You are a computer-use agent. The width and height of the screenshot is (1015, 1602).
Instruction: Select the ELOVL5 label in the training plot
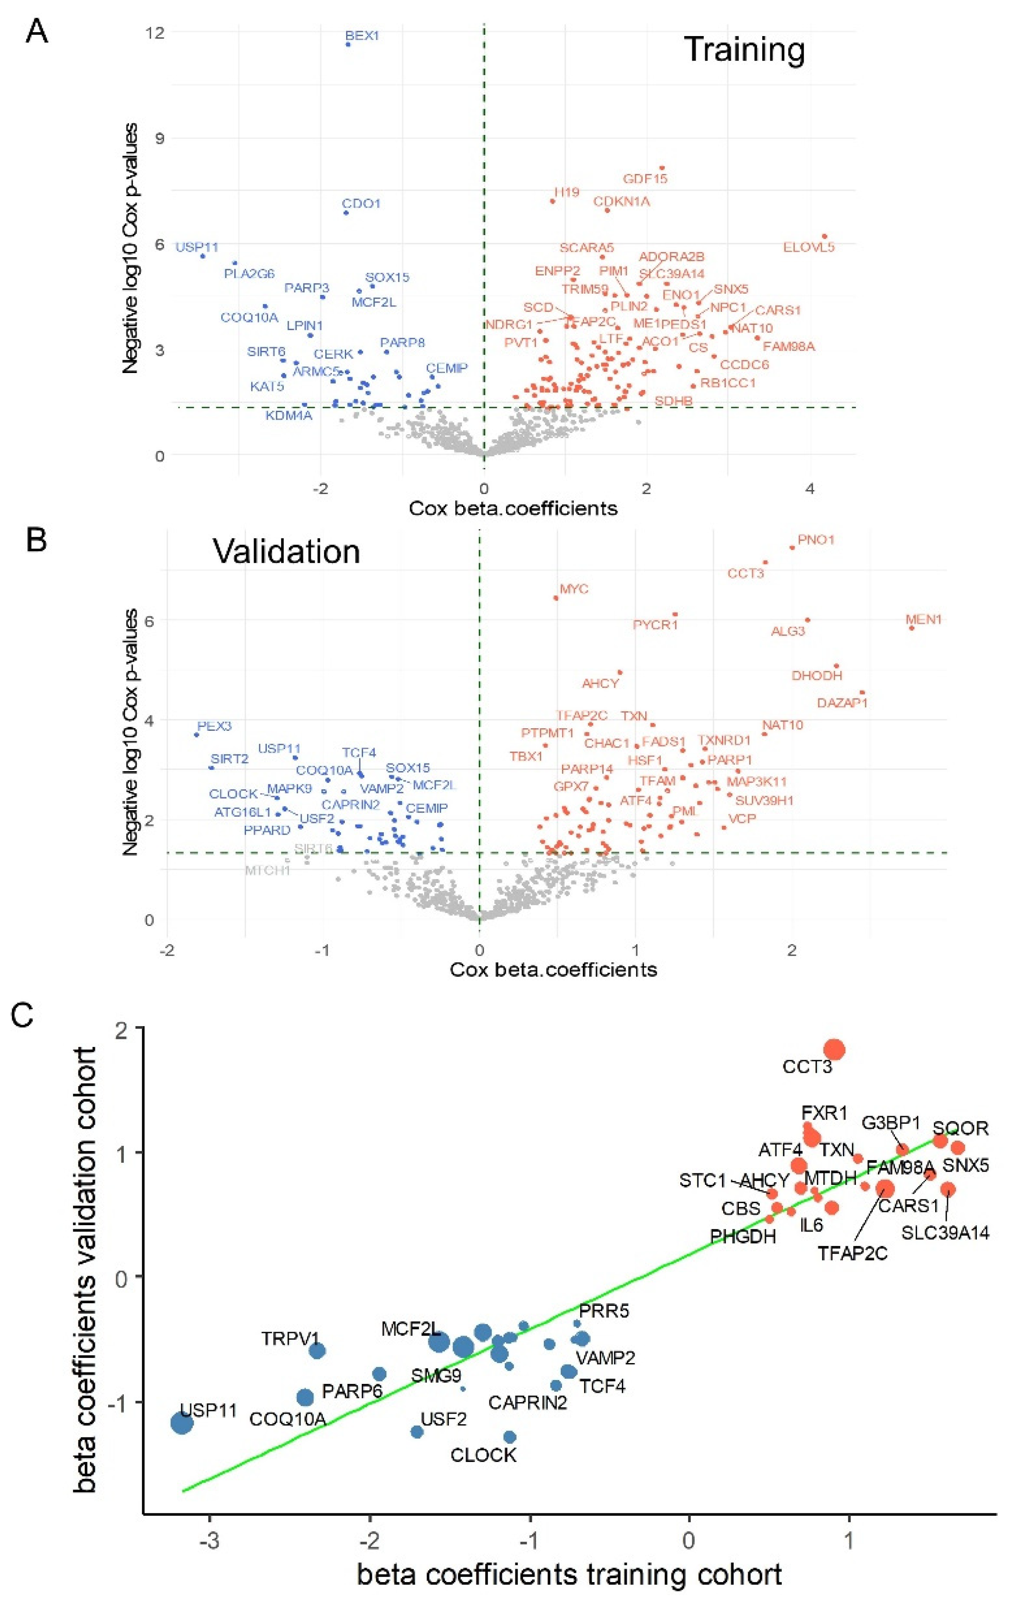(x=809, y=247)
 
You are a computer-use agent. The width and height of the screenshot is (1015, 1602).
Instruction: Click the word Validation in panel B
(x=287, y=552)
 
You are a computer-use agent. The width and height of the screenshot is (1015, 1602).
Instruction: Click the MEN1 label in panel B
(x=924, y=620)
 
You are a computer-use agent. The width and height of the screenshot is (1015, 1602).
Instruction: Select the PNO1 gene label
(x=816, y=539)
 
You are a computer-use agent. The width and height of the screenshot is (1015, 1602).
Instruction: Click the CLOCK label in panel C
(x=484, y=1455)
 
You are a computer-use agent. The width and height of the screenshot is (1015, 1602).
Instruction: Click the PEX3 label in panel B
(x=214, y=726)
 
